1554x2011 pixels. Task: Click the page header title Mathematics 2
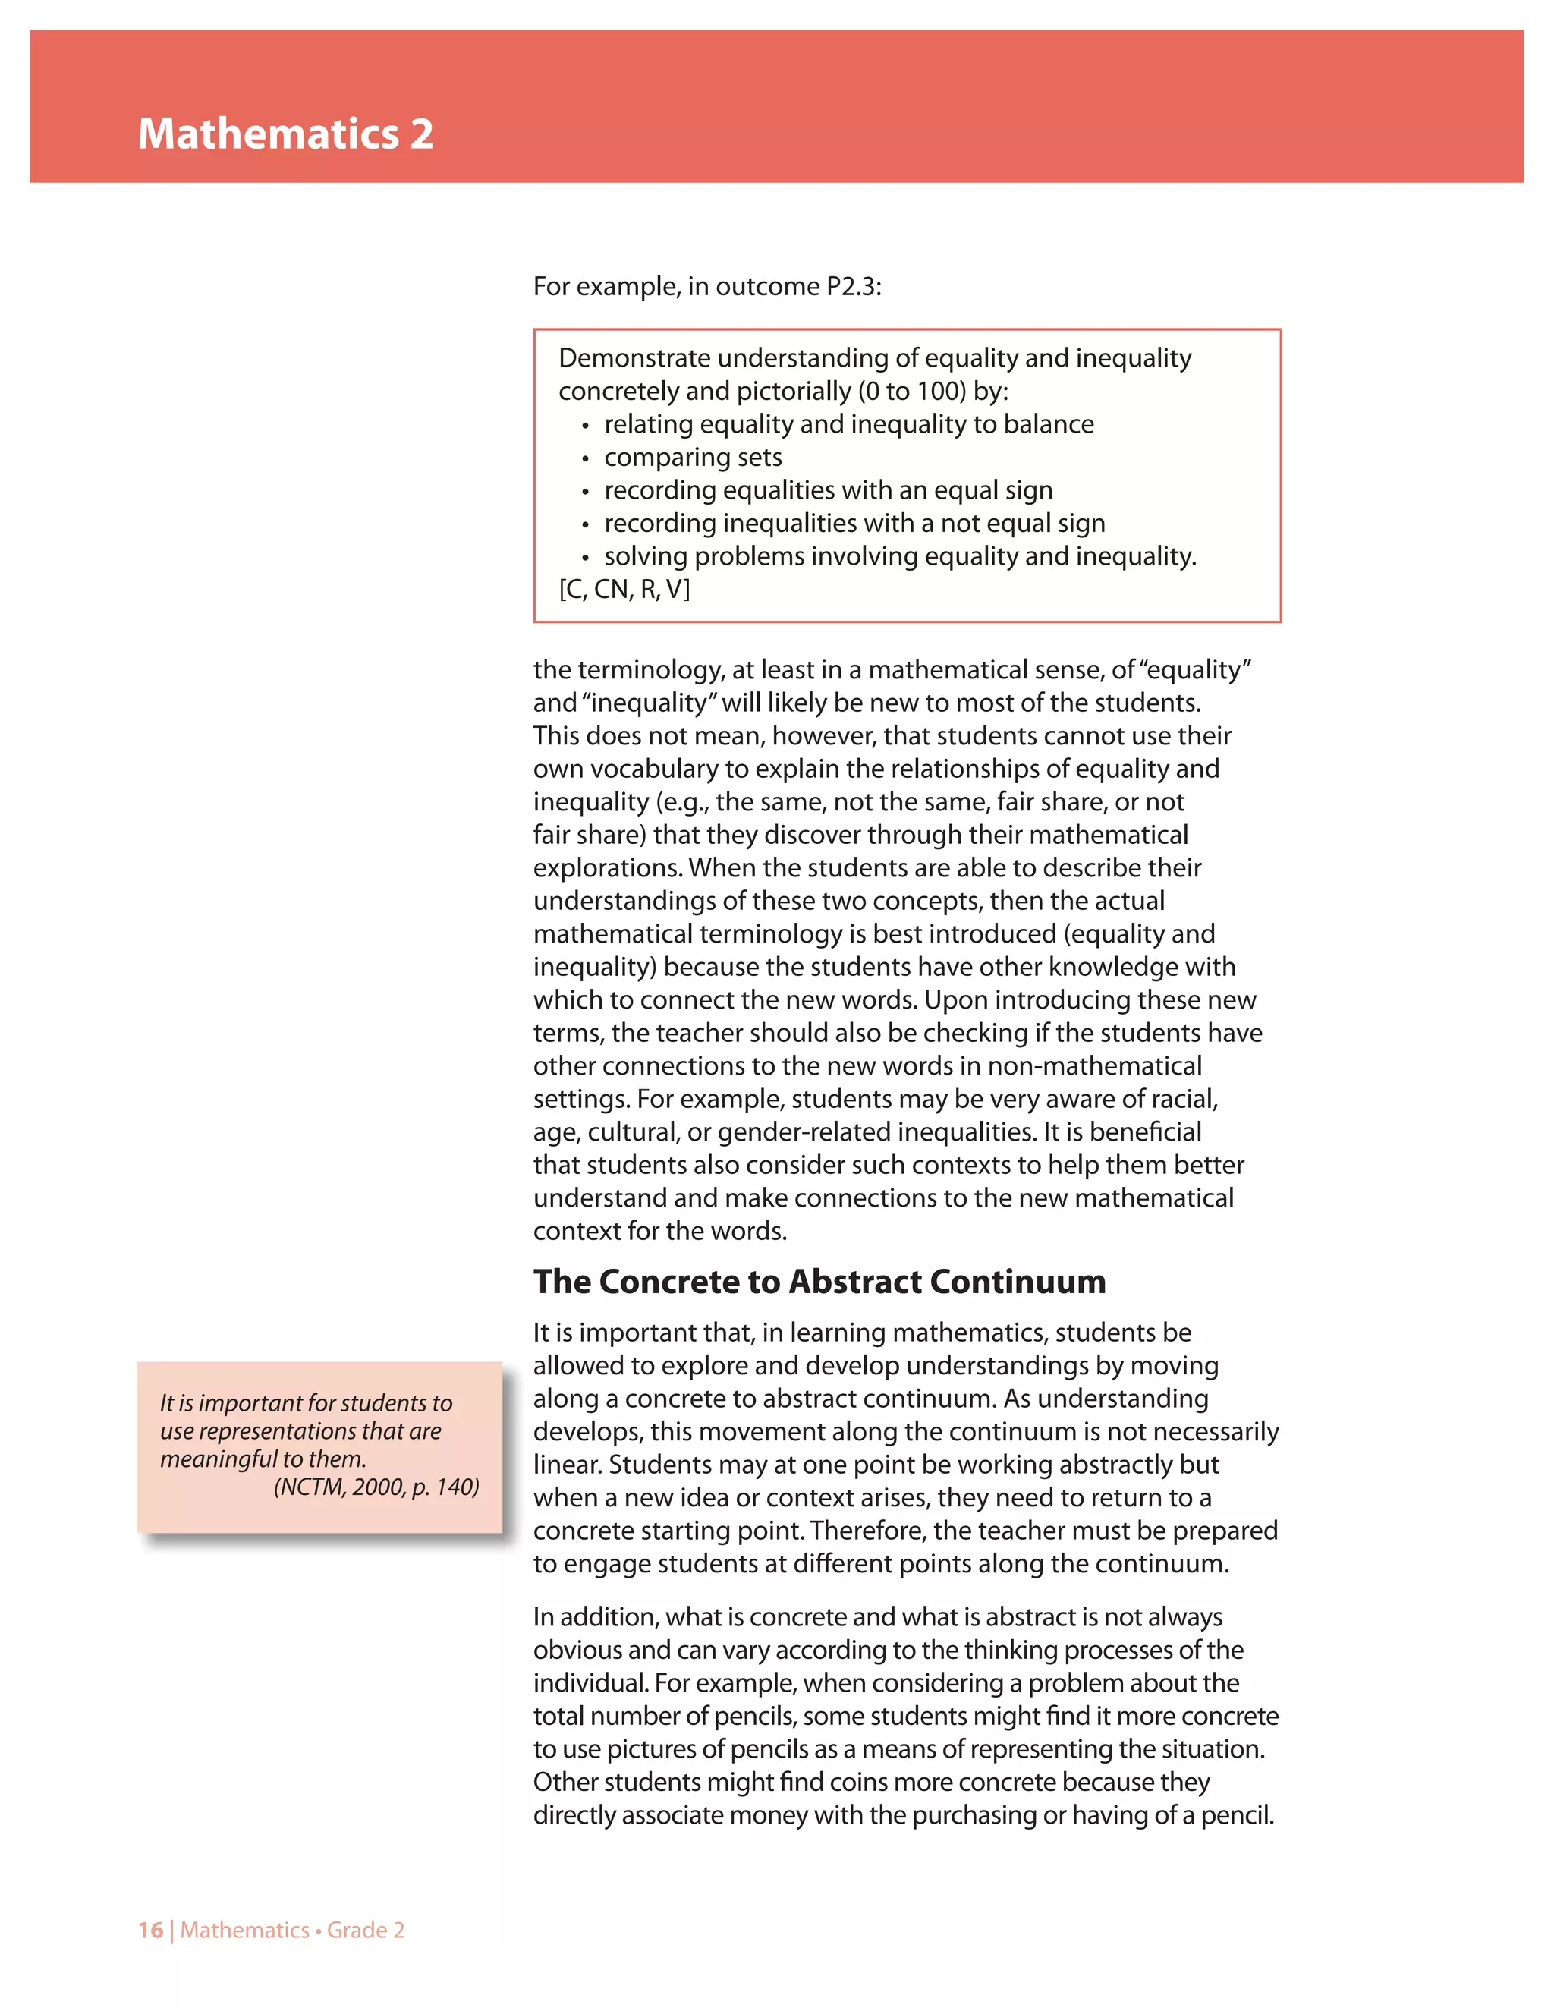(285, 134)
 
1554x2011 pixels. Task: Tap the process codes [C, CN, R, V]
(624, 590)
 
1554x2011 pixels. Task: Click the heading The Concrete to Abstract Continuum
(819, 1282)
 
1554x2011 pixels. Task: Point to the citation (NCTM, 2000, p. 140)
(376, 1487)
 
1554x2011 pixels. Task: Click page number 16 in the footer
(150, 1930)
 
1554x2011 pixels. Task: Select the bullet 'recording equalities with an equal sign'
(828, 491)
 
